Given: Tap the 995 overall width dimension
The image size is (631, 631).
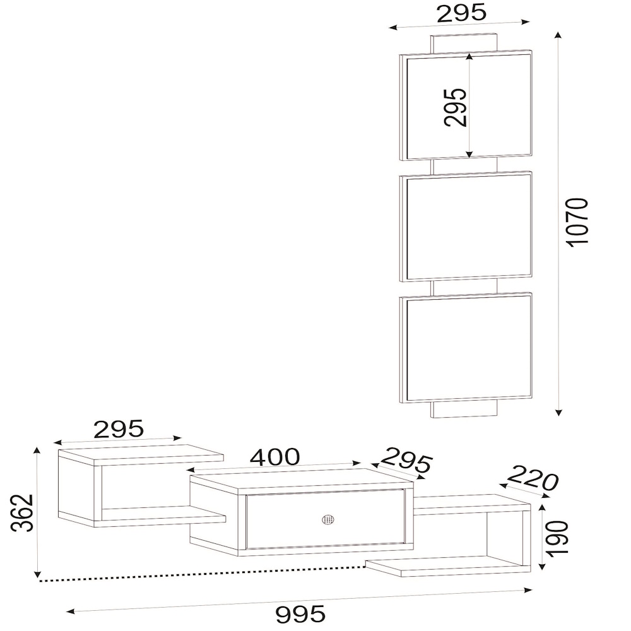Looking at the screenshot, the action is pos(300,614).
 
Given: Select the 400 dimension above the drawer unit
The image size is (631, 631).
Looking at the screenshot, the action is pos(275,456).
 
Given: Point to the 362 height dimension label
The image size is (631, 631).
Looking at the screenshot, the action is pos(21,512).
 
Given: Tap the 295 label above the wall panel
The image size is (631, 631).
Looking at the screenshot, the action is pos(461,13).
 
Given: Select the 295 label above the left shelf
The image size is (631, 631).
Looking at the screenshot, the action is pos(119,428).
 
